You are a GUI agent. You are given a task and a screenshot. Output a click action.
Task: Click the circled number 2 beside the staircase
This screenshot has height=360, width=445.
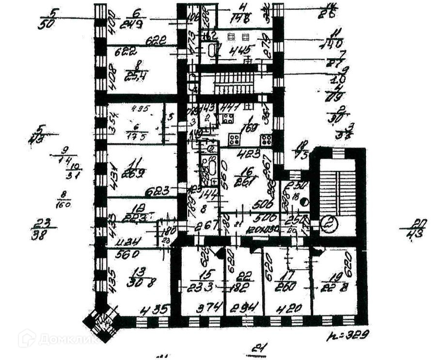(331, 224)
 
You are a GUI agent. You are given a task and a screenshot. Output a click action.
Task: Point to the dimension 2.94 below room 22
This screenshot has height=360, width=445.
(244, 307)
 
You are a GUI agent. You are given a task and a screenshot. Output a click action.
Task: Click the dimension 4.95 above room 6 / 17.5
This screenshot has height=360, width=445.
(139, 108)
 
